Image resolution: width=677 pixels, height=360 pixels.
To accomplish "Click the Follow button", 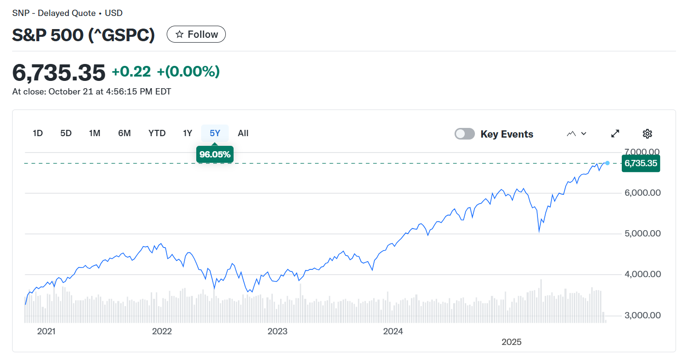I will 196,34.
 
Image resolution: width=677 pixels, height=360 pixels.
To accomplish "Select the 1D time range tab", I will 38,133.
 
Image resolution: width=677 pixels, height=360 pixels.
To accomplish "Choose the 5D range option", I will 66,133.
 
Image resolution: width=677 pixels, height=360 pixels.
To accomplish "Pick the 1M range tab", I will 94,133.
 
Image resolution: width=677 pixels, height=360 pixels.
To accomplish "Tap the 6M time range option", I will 125,133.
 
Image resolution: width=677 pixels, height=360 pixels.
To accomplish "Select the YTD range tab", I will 157,133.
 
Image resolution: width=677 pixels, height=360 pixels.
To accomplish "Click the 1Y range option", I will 188,133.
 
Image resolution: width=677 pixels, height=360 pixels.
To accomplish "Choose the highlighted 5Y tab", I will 215,133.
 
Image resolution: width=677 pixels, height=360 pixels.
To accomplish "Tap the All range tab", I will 243,133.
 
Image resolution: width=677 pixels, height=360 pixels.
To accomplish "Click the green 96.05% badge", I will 215,155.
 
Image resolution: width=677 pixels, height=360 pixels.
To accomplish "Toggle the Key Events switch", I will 464,134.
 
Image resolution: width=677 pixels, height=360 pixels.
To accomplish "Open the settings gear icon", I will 647,134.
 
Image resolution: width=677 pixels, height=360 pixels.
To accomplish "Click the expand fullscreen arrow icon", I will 615,134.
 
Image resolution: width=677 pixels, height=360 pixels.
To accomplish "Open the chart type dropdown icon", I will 577,134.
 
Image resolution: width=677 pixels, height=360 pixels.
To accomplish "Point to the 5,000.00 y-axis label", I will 642,234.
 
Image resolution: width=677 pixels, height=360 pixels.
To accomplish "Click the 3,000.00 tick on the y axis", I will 642,315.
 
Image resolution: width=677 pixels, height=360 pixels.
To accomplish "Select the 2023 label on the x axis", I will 278,331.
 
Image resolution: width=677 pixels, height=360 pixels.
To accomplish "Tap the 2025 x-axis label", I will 511,342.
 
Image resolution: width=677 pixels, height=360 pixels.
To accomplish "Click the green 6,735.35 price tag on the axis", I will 641,163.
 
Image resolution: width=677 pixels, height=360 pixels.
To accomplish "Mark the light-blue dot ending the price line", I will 608,163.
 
